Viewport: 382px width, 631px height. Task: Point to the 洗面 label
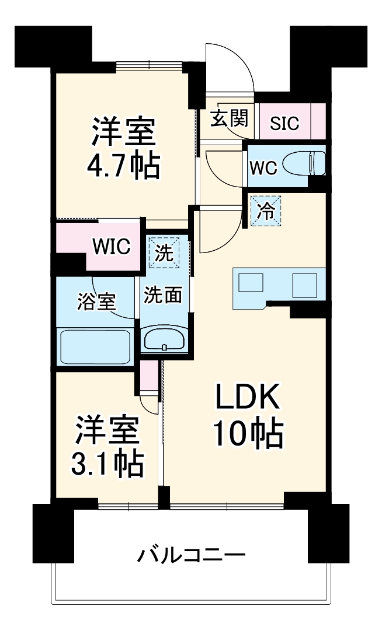(164, 295)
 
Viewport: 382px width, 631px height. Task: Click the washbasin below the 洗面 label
(164, 339)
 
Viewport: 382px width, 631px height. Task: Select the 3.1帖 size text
(106, 464)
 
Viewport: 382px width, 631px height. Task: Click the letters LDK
(248, 400)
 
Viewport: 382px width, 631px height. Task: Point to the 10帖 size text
(247, 434)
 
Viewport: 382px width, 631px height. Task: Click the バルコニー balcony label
(190, 555)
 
